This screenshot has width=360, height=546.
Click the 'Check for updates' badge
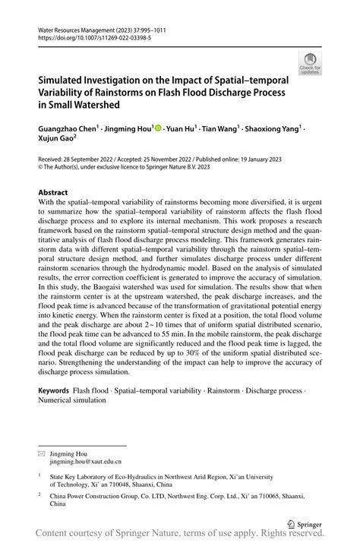coord(310,64)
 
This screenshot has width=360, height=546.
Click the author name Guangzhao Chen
coord(67,130)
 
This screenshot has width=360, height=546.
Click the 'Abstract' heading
coord(58,193)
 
